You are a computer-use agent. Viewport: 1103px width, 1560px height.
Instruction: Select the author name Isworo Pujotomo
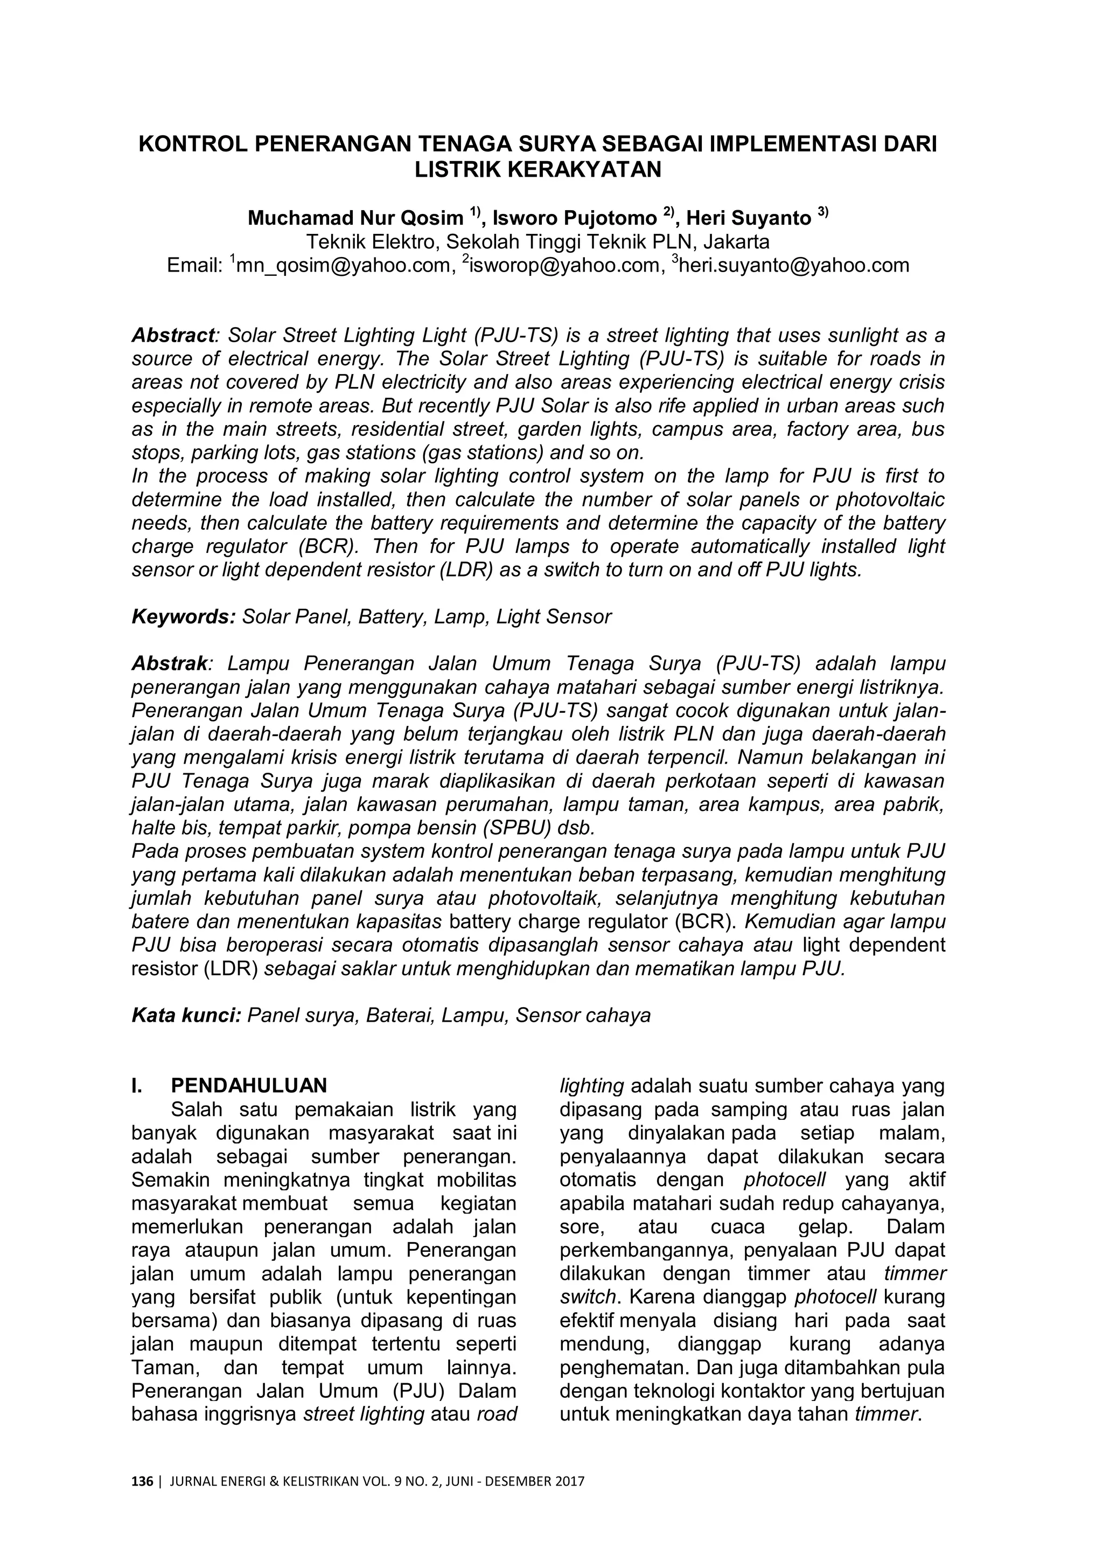[x=575, y=218]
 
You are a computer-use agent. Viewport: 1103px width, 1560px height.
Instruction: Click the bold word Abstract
[x=172, y=336]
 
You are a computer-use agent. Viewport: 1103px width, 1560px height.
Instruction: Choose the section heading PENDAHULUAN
[x=249, y=1085]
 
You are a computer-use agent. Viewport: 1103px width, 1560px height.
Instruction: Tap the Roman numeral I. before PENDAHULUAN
[x=137, y=1085]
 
